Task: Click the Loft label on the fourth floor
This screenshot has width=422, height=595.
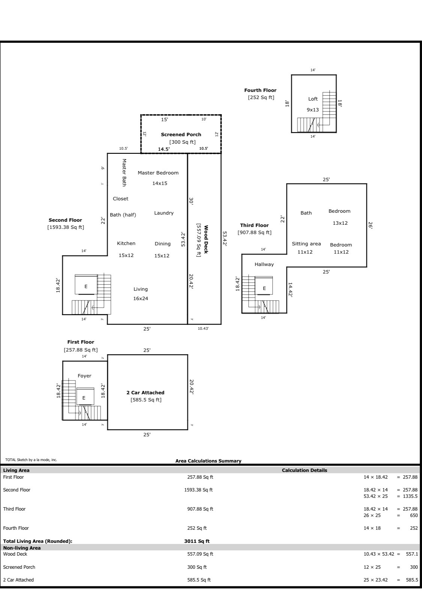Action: click(x=313, y=99)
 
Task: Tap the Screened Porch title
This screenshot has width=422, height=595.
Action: click(x=181, y=134)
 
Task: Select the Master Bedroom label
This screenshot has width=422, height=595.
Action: click(x=158, y=173)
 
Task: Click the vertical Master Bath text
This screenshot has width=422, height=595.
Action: click(x=124, y=173)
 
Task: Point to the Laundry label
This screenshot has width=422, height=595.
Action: click(x=164, y=213)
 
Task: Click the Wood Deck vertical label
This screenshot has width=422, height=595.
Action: click(x=206, y=239)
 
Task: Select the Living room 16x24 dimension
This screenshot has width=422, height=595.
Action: click(x=141, y=299)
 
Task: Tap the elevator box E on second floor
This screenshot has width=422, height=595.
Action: click(x=86, y=286)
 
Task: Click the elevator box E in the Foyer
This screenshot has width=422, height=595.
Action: click(x=84, y=398)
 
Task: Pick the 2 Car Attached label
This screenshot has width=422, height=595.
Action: click(x=145, y=393)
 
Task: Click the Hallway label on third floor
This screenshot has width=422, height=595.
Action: click(x=264, y=264)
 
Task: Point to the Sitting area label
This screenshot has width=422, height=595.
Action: click(x=306, y=244)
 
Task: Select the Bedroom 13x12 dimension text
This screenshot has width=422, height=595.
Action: click(x=340, y=223)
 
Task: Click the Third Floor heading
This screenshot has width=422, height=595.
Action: click(x=254, y=225)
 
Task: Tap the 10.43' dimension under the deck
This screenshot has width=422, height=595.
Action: click(x=203, y=329)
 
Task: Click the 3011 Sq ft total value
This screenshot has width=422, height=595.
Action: click(x=197, y=541)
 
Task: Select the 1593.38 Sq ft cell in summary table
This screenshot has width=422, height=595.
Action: click(x=198, y=490)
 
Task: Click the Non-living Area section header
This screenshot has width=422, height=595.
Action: click(x=22, y=548)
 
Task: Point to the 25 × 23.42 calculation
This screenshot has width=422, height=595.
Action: click(x=375, y=580)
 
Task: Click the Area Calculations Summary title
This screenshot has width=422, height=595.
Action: click(x=208, y=461)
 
